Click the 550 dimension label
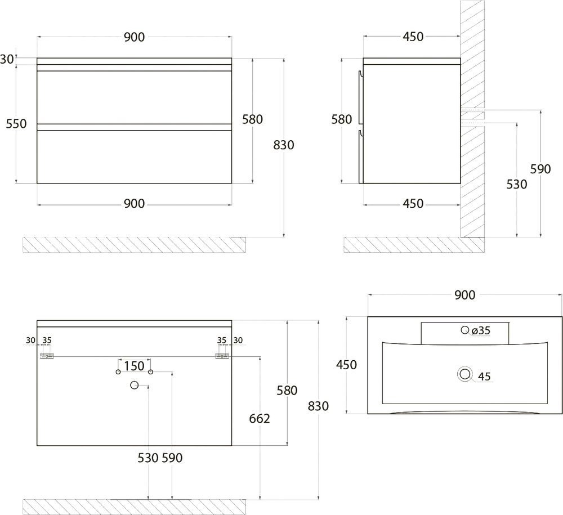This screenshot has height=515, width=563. pos(16,124)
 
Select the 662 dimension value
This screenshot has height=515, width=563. pos(259,418)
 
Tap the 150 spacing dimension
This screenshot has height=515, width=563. pos(135,366)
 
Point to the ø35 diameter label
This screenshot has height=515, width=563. pos(481,330)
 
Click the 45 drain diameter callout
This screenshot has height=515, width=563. pos(484,377)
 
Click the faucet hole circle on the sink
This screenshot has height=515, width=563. pos(465,329)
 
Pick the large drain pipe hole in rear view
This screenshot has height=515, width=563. pos(135,386)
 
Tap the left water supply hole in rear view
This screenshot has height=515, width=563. pos(118,372)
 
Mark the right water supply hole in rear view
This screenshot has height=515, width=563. pos(151,372)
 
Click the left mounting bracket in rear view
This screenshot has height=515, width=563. pos(47,356)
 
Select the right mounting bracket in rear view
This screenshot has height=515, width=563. pos(222,356)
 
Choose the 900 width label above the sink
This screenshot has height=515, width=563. pos(464,295)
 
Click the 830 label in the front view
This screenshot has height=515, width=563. pos(284,145)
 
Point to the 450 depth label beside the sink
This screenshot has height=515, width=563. pos(346,365)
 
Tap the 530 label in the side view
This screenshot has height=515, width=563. pos(517,185)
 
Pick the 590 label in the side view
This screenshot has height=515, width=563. pos(540,169)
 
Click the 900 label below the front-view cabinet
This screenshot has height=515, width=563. pos(135,204)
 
